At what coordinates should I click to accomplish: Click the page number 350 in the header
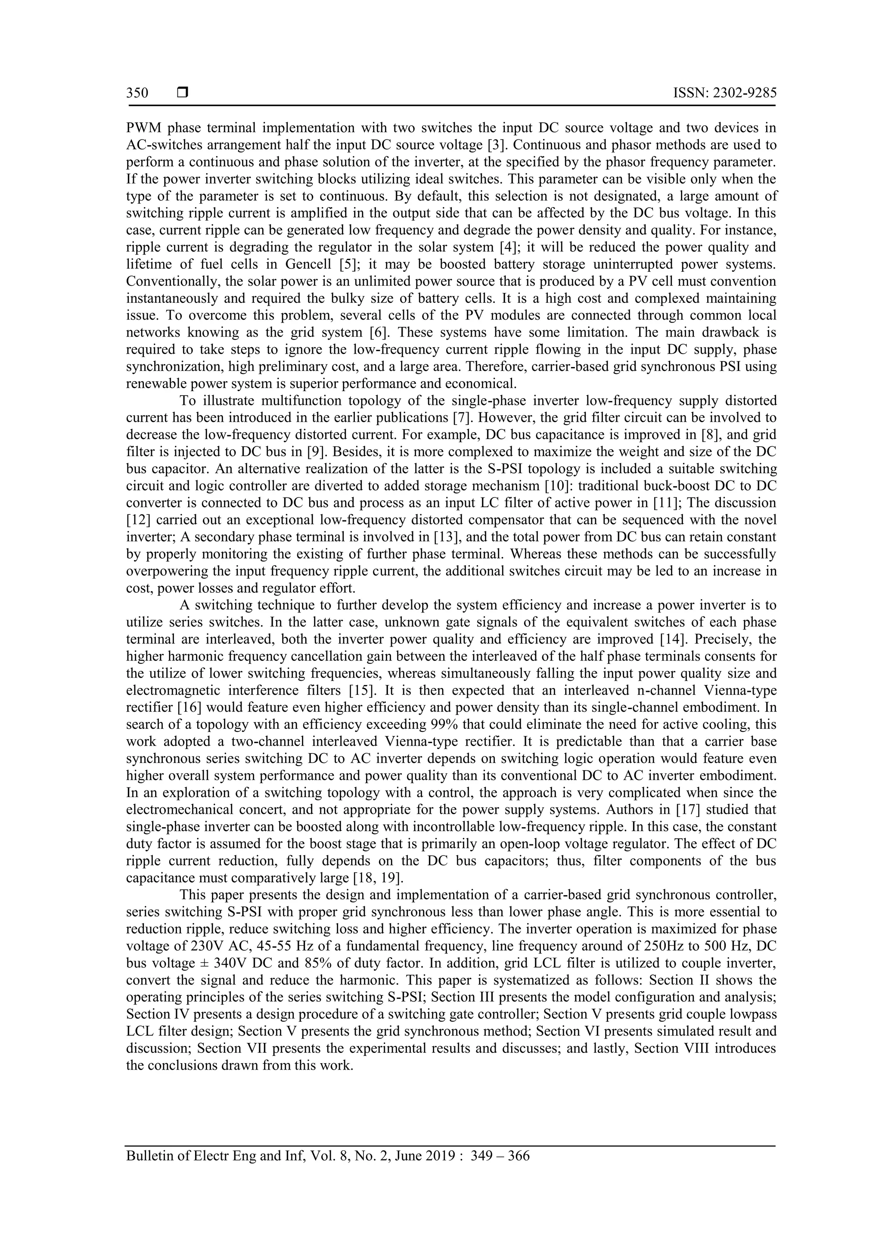pos(137,93)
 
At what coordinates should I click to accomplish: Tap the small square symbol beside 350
pos(183,93)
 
